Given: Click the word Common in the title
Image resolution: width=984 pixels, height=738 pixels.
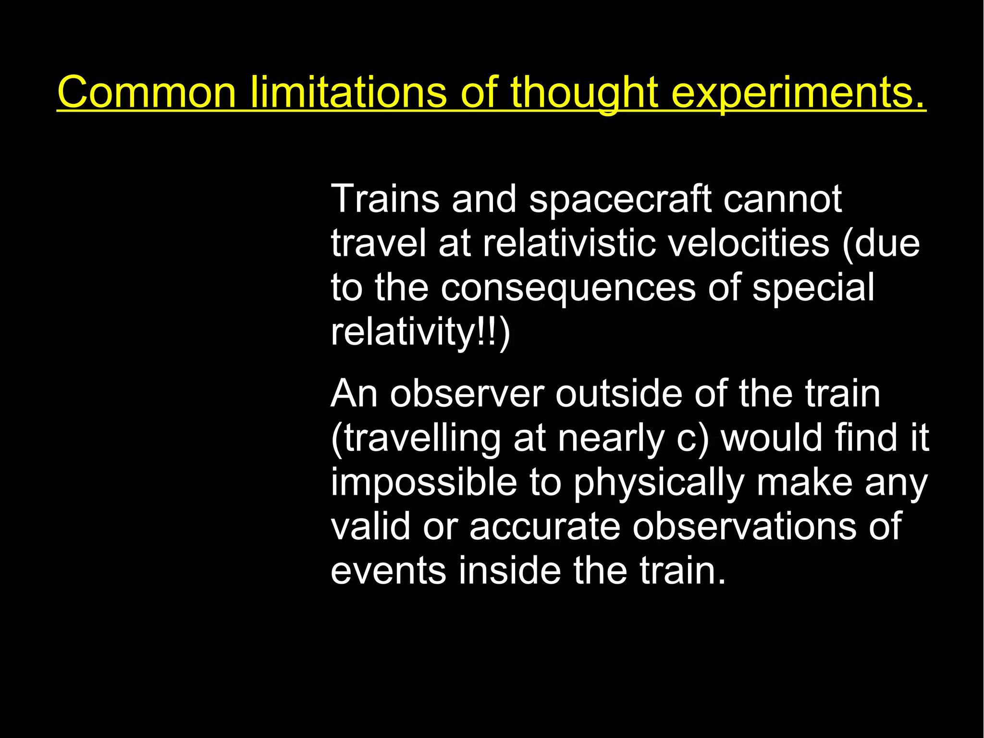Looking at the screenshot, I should point(147,92).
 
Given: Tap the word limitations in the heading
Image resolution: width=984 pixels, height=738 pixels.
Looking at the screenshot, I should point(349,92).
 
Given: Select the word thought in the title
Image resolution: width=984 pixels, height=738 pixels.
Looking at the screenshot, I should point(583,92).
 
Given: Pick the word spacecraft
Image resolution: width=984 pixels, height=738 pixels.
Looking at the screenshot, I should point(620,200).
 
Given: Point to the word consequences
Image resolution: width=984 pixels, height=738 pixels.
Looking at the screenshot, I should point(568,288).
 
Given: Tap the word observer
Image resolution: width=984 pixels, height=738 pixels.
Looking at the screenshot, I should point(467,394).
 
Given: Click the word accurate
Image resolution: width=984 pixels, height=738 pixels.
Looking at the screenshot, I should point(545,526).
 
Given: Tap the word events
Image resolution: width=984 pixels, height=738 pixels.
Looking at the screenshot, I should point(388,571).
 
